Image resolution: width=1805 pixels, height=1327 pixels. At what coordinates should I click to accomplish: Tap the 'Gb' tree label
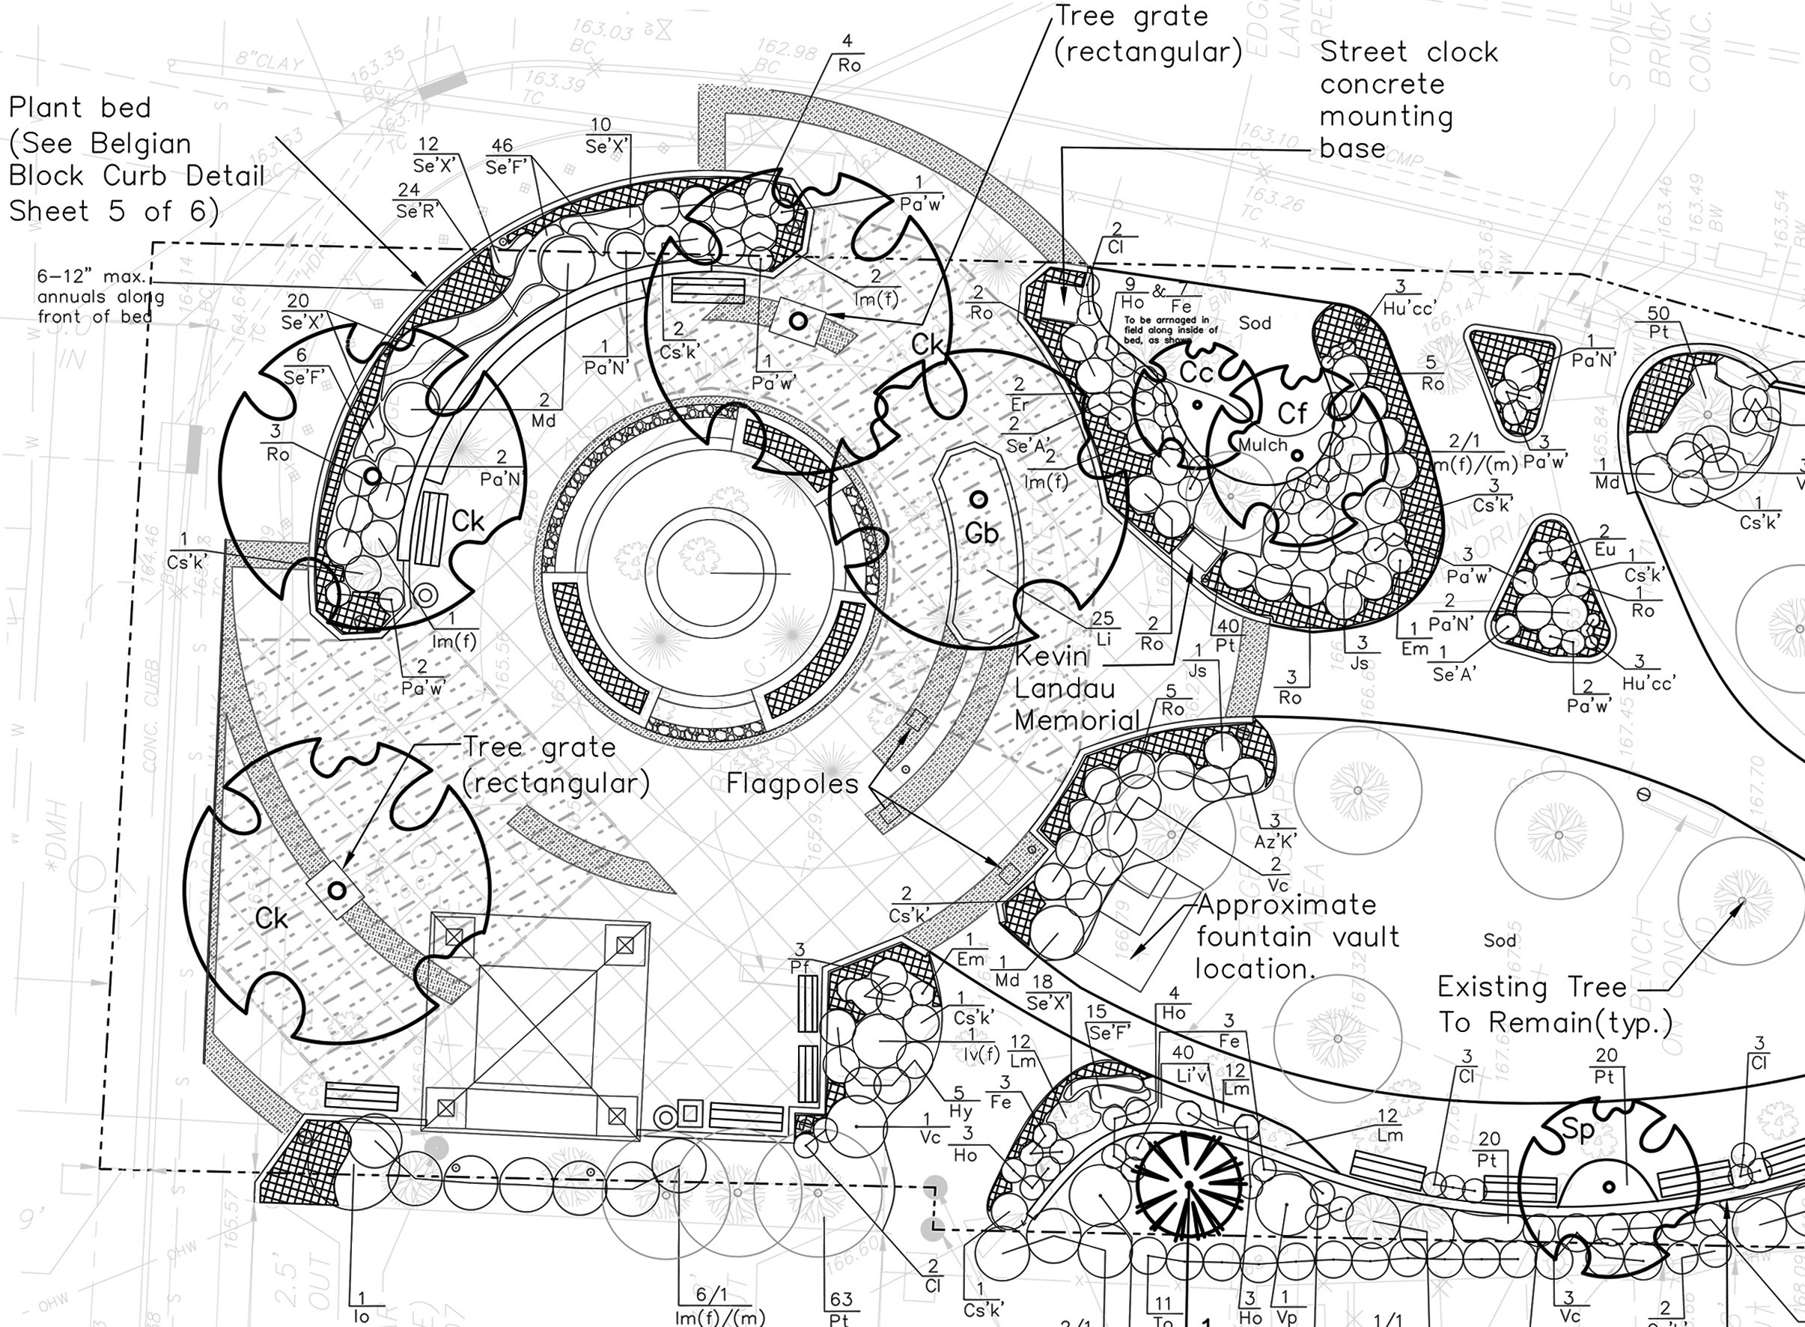coord(981,533)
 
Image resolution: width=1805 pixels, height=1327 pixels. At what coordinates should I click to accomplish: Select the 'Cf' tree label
coord(1292,413)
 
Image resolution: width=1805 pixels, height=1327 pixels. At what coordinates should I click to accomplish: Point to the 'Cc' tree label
coord(1196,373)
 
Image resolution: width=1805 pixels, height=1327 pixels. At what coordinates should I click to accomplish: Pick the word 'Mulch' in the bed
coord(1262,445)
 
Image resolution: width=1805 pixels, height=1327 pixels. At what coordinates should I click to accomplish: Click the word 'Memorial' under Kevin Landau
coord(1077,720)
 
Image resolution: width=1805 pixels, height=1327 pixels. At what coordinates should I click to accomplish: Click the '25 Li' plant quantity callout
coord(1104,628)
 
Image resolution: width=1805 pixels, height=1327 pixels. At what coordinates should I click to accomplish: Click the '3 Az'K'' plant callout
coord(1275,831)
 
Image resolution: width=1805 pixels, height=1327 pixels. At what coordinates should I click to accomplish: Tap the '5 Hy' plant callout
coord(960,1103)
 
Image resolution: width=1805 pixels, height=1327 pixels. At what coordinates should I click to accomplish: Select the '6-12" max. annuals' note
coord(100,297)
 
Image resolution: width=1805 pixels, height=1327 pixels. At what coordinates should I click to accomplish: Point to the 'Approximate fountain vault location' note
coord(1297,937)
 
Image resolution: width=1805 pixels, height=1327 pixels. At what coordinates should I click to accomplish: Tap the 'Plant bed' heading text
coord(79,108)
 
